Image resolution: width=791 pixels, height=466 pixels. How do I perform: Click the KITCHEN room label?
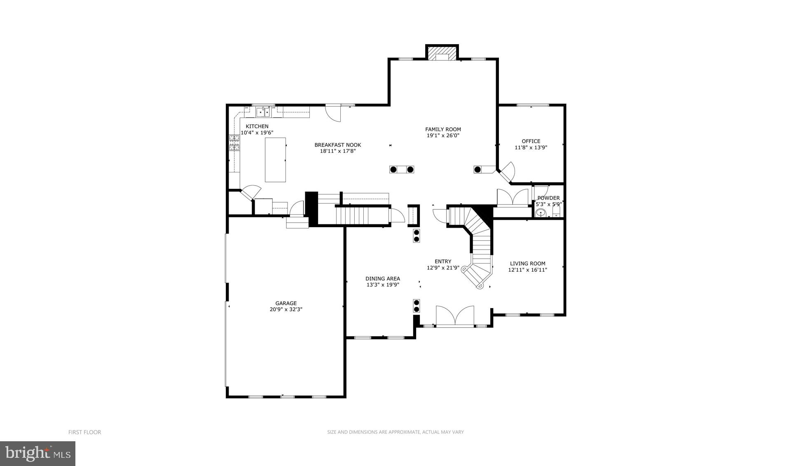257,126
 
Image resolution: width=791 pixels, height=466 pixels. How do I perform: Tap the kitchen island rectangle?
275,160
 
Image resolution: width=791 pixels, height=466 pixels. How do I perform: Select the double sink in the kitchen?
263,112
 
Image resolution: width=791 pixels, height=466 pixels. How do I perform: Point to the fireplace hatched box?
442,53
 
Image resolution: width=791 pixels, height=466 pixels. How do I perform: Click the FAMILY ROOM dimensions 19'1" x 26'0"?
443,135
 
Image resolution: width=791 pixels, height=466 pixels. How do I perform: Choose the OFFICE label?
531,141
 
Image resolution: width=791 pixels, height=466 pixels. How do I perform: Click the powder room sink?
541,213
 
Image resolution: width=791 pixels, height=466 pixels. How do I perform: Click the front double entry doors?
455,317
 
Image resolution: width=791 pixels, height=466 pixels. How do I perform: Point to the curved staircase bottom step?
479,285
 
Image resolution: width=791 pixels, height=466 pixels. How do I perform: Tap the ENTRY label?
443,261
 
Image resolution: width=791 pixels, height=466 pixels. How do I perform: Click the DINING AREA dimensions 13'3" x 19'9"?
383,285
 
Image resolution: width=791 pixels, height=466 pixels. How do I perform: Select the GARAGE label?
286,303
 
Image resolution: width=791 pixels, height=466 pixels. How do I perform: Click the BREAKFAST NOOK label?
337,145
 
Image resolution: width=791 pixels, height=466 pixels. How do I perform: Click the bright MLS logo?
37,454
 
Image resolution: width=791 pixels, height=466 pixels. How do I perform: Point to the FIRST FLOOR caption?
84,432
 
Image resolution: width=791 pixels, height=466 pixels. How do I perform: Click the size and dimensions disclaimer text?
395,432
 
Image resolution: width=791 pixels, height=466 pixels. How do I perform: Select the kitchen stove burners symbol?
234,143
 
